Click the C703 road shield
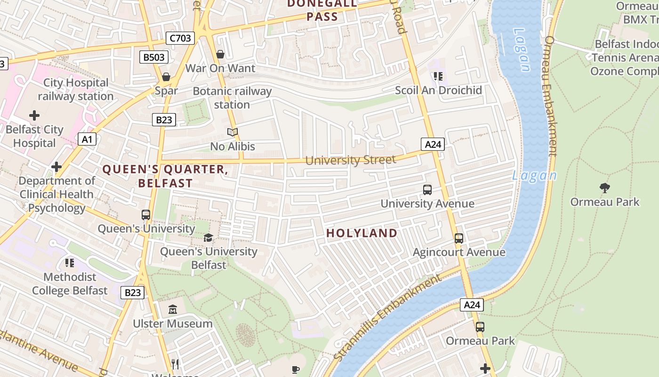[x=180, y=38]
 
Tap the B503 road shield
[x=154, y=57]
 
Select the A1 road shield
[x=87, y=139]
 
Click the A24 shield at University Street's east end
[x=433, y=144]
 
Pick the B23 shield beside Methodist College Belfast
[x=132, y=293]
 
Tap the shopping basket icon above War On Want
[x=220, y=54]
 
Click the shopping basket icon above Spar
[x=166, y=76]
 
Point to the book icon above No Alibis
[x=233, y=132]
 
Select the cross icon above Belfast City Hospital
[x=34, y=115]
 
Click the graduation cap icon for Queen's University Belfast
[x=209, y=238]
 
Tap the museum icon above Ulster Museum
[x=173, y=310]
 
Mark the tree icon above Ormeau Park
[x=605, y=188]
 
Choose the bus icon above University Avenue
[x=427, y=190]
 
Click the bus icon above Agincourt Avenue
[x=459, y=238]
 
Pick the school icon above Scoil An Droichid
[x=439, y=76]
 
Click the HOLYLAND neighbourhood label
[x=362, y=233]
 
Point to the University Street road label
[x=351, y=160]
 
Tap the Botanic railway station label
[x=232, y=98]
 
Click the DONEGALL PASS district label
[x=322, y=10]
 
